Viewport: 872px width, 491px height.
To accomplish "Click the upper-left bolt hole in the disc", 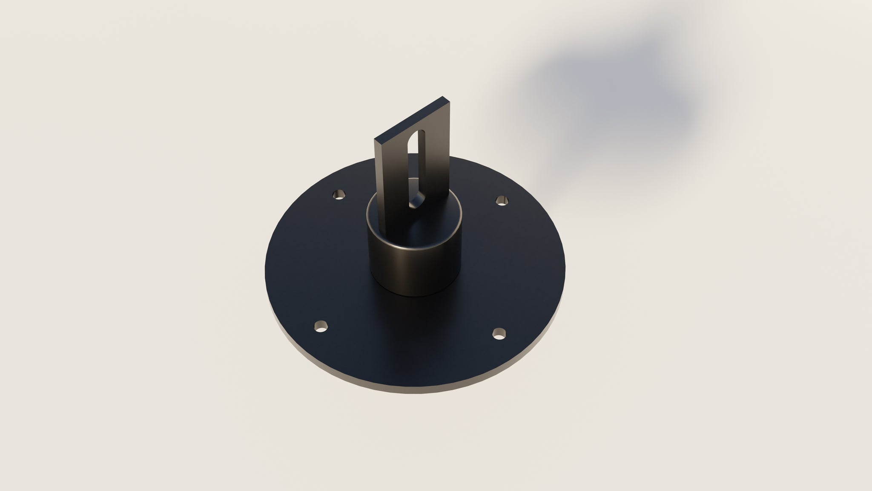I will pos(339,195).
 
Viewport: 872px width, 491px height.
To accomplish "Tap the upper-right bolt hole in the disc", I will pos(502,200).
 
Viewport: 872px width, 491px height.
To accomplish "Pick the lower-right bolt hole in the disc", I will pos(498,334).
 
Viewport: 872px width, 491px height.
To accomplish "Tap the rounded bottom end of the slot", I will pos(415,204).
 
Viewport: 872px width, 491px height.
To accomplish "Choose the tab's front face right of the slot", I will pos(436,166).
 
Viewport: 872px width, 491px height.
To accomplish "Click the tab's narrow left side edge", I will pos(377,170).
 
